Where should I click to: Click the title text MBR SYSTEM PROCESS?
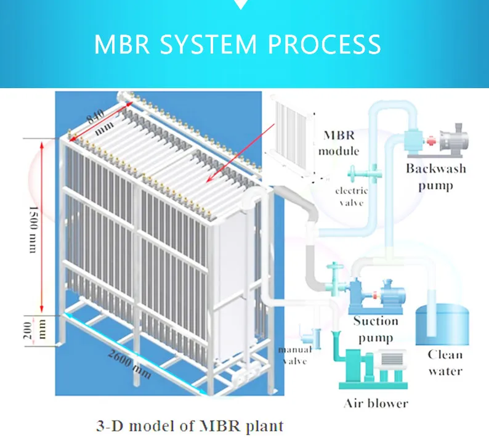238,45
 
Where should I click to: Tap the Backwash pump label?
435,176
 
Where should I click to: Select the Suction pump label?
376,329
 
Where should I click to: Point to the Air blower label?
376,404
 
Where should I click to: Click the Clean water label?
445,362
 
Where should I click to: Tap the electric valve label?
352,196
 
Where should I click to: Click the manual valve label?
295,355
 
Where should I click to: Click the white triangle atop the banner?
242,4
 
